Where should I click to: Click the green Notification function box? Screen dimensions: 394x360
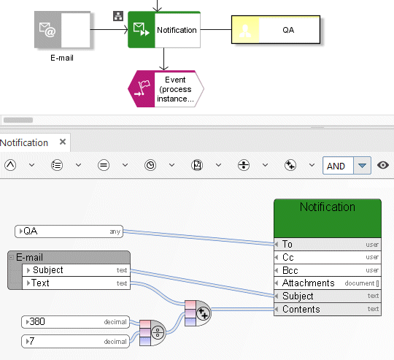(164, 30)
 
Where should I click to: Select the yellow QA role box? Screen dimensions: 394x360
(276, 30)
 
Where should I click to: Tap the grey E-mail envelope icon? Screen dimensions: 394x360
(47, 30)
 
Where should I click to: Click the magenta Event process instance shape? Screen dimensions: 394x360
(166, 89)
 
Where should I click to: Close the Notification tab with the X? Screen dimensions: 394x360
(63, 142)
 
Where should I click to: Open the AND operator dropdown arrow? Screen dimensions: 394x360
(362, 166)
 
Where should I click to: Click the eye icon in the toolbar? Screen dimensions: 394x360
(383, 165)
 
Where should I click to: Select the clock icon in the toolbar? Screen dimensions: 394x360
(150, 165)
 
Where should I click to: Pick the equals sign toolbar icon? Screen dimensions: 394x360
(104, 165)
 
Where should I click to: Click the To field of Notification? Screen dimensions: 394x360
(328, 244)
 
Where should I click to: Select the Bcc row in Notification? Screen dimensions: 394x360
(328, 270)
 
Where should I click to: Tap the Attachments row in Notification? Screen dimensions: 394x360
(328, 283)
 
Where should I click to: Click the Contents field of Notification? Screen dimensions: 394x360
(328, 309)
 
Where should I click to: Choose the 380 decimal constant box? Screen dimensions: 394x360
(75, 322)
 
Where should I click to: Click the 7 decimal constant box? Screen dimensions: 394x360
(75, 341)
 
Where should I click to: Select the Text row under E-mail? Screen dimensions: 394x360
(76, 283)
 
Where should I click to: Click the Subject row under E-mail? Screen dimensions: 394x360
(76, 270)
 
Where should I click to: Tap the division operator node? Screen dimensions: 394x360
(152, 333)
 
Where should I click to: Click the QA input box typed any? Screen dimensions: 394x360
(69, 231)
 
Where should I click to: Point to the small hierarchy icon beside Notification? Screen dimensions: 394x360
(118, 16)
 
